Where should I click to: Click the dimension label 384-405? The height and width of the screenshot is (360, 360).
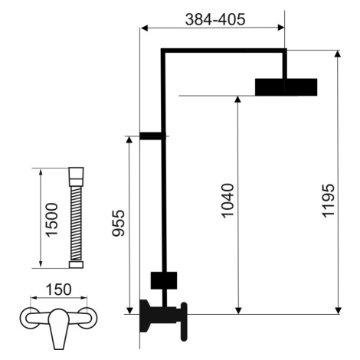click(215, 19)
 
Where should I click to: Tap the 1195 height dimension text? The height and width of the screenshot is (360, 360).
click(328, 201)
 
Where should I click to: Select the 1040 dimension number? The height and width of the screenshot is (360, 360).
click(227, 201)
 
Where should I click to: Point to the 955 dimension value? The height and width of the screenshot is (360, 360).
click(119, 223)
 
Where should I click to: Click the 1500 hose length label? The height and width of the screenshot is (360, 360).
click(51, 220)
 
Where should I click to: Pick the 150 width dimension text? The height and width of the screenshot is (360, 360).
click(59, 290)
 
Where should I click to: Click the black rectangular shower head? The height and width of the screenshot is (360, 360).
click(286, 87)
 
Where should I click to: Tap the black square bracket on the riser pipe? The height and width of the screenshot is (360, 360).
click(164, 280)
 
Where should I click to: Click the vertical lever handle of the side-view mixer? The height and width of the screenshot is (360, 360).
click(184, 322)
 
